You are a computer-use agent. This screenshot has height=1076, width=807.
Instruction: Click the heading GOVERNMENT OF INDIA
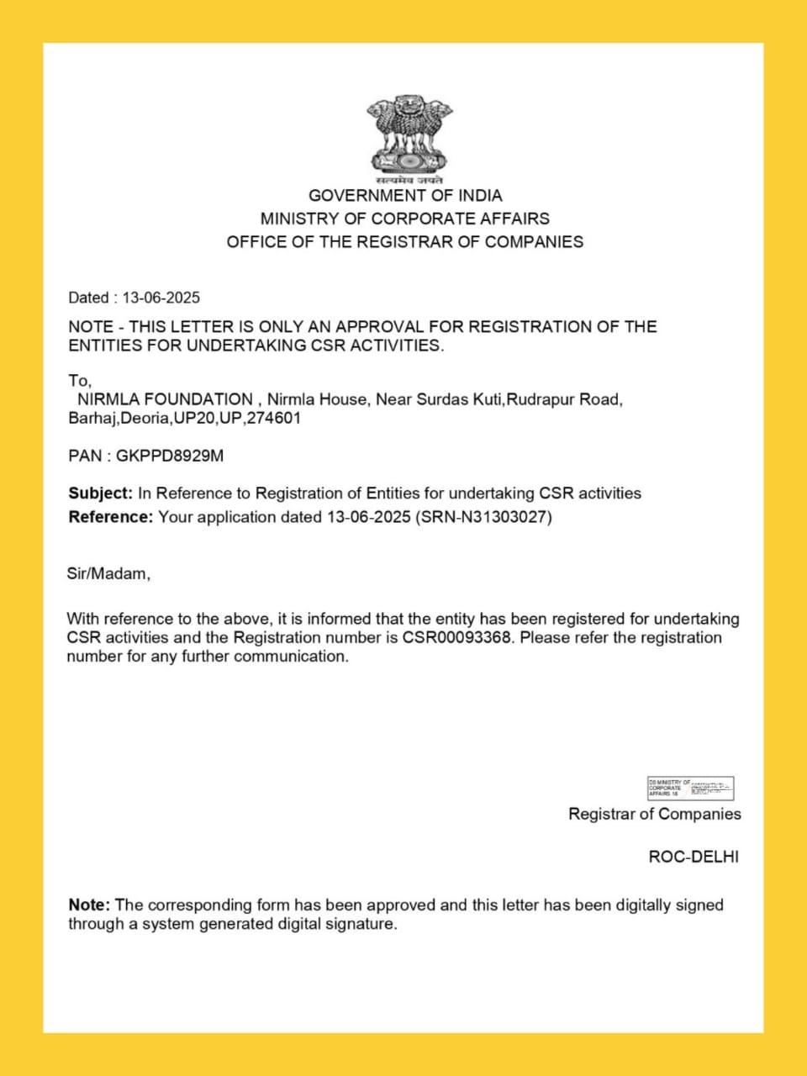405,196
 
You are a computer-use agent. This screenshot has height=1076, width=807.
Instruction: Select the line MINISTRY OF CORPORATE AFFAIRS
405,219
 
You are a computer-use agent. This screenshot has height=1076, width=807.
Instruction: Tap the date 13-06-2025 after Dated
161,298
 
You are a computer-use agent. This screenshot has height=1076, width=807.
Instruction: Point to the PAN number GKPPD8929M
170,456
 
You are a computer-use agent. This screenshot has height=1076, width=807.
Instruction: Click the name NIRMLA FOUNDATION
165,399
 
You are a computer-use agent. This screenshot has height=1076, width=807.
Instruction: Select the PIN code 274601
273,418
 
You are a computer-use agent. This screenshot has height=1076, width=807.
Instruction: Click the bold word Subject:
100,493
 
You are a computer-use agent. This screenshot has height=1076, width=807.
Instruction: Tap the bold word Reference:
110,517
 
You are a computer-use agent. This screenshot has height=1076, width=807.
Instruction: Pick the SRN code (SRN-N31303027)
483,517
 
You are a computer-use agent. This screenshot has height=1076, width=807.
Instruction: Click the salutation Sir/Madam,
108,574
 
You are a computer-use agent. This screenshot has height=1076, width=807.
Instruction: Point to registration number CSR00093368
456,637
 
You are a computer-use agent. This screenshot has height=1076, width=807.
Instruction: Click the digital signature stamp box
690,789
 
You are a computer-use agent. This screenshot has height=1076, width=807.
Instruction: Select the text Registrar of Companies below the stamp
655,814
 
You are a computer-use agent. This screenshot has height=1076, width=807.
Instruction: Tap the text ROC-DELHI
694,857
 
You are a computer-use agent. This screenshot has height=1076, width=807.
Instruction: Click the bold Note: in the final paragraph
89,905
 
